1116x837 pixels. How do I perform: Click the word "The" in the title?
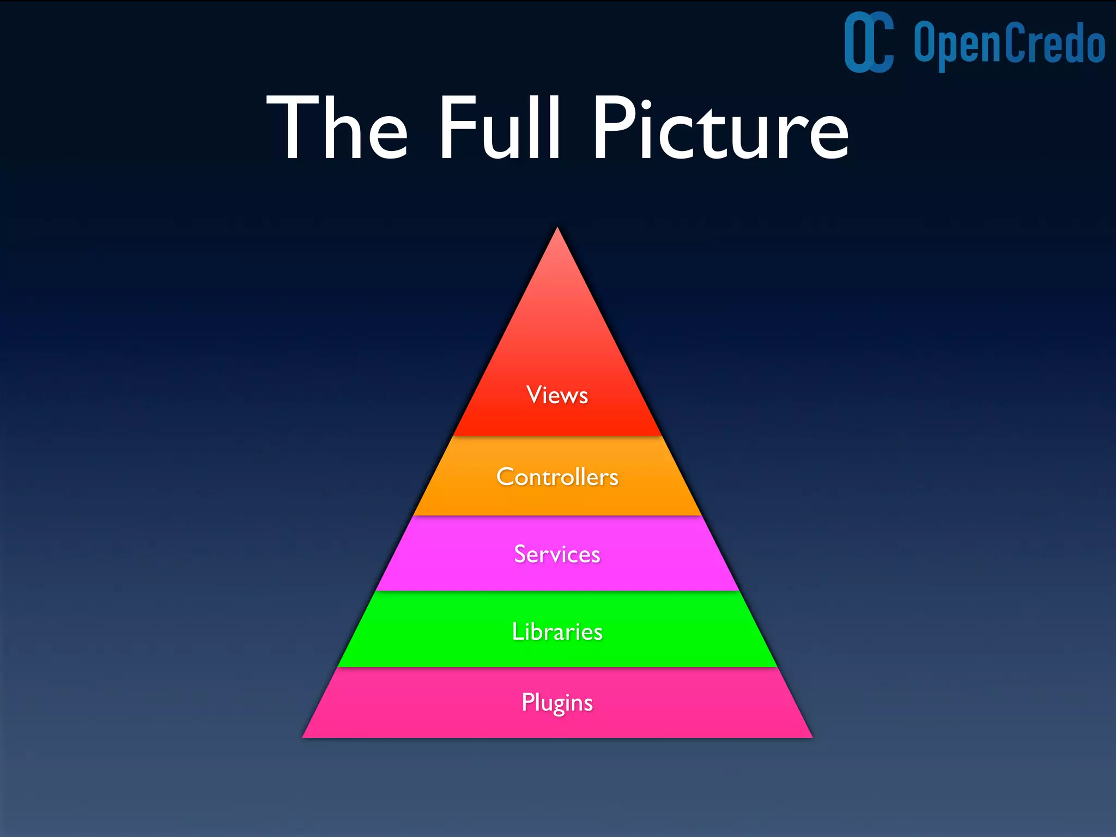[x=337, y=128]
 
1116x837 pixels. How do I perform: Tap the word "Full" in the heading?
[x=499, y=128]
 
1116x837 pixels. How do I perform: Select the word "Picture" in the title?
[x=720, y=128]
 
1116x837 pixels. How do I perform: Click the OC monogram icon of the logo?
[x=869, y=43]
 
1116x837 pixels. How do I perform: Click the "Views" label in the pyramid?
[x=557, y=395]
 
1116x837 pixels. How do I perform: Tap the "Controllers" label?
[x=557, y=477]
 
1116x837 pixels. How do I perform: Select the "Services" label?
[x=557, y=554]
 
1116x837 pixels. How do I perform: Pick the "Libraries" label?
[x=557, y=632]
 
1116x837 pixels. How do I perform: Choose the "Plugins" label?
[x=557, y=702]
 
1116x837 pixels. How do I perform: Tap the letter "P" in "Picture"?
[x=613, y=128]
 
